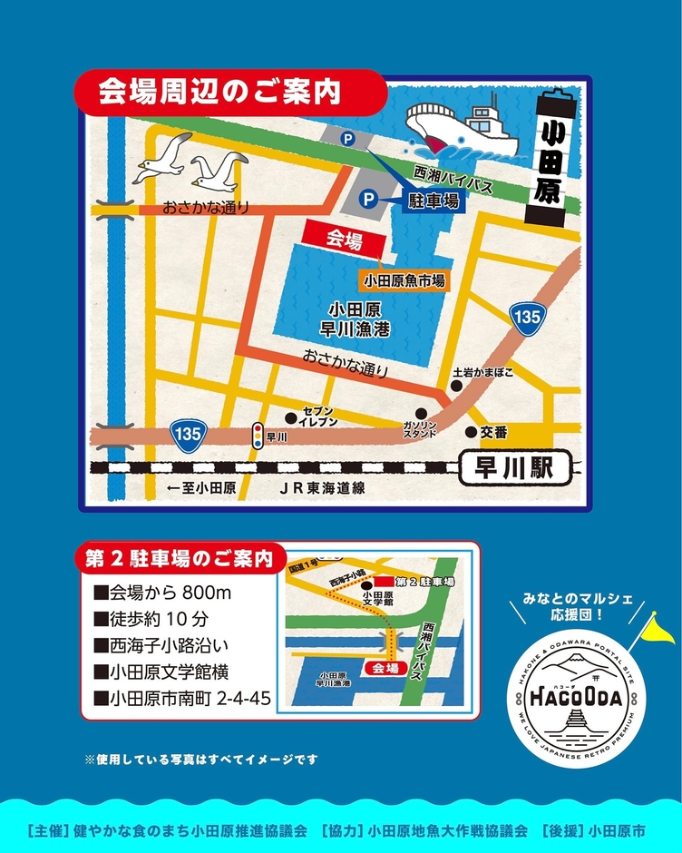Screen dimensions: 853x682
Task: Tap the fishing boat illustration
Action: (463, 128)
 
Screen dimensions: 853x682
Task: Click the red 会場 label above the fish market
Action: (344, 240)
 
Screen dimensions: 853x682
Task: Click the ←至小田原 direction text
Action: (200, 488)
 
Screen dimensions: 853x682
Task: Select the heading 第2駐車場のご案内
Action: (180, 558)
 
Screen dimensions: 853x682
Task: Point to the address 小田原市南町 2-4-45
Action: (181, 700)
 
